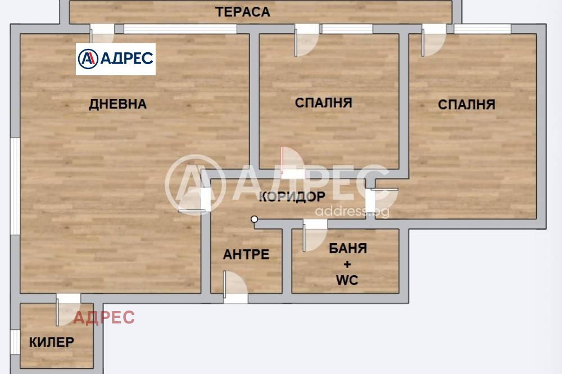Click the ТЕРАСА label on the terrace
[243, 12]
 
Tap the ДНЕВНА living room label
[118, 104]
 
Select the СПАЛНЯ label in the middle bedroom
[324, 103]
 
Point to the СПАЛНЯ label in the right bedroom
[466, 104]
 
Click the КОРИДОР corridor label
[292, 197]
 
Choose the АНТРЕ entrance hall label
[246, 254]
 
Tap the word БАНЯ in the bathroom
[348, 248]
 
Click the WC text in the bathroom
[347, 280]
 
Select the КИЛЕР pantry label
[52, 342]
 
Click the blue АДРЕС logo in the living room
[116, 59]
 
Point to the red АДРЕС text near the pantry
[105, 318]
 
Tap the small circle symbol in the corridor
[255, 219]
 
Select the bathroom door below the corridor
[315, 235]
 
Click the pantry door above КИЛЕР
[68, 309]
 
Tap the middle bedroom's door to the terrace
[307, 40]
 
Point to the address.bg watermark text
[352, 212]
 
